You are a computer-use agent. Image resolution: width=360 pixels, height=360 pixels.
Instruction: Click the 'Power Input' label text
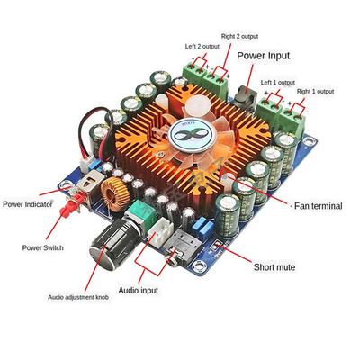pyautogui.click(x=264, y=56)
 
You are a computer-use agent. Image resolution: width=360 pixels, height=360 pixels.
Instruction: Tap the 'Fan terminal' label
pyautogui.click(x=319, y=206)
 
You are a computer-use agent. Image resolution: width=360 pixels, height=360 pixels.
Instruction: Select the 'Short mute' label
pyautogui.click(x=274, y=267)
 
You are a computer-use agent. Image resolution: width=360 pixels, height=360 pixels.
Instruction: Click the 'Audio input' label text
pyautogui.click(x=138, y=291)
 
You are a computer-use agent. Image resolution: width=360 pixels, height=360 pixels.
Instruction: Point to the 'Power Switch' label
pyautogui.click(x=43, y=247)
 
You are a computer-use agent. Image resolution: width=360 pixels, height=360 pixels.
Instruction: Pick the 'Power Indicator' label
pyautogui.click(x=28, y=204)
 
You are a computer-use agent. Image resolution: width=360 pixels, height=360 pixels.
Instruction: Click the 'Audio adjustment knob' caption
pyautogui.click(x=78, y=297)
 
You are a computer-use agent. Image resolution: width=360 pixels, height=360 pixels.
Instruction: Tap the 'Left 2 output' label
pyautogui.click(x=202, y=47)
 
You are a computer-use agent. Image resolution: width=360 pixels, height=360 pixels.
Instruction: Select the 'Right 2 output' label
pyautogui.click(x=239, y=36)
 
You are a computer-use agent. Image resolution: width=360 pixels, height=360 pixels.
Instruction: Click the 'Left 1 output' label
pyautogui.click(x=278, y=82)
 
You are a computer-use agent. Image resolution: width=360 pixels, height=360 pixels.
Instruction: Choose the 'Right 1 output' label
pyautogui.click(x=315, y=91)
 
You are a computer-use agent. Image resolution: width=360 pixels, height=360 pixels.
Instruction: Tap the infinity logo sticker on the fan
pyautogui.click(x=191, y=136)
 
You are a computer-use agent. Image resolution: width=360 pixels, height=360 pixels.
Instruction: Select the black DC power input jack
pyautogui.click(x=244, y=96)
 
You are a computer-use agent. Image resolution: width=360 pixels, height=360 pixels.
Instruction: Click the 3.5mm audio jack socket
pyautogui.click(x=180, y=246)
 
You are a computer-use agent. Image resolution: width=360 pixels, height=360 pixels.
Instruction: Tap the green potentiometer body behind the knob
pyautogui.click(x=141, y=211)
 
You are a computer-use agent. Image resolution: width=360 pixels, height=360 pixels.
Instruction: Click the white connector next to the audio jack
pyautogui.click(x=162, y=230)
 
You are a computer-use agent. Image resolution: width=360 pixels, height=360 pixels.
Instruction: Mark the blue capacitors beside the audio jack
pyautogui.click(x=202, y=225)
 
